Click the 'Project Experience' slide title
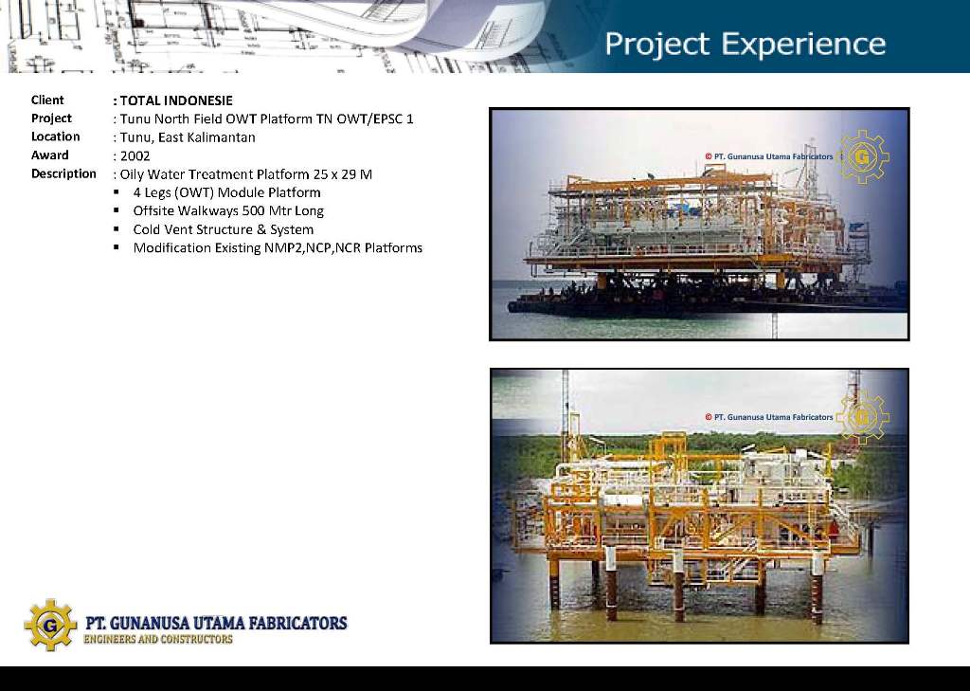click(x=745, y=44)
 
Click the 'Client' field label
click(x=47, y=100)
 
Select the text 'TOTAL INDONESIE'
click(x=176, y=100)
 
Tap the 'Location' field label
click(x=56, y=136)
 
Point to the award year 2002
click(x=135, y=156)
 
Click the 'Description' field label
click(x=63, y=174)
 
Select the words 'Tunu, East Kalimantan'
click(x=188, y=137)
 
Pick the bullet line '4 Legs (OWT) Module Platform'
click(x=226, y=192)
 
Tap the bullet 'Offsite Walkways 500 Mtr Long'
click(x=228, y=211)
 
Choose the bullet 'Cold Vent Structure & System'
click(x=224, y=229)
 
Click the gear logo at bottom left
click(x=51, y=625)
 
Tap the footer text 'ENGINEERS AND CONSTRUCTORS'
click(x=158, y=639)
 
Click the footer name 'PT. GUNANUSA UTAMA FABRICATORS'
click(x=216, y=622)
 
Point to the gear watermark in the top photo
click(x=862, y=156)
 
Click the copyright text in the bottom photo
click(x=769, y=417)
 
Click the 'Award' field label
click(x=50, y=155)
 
